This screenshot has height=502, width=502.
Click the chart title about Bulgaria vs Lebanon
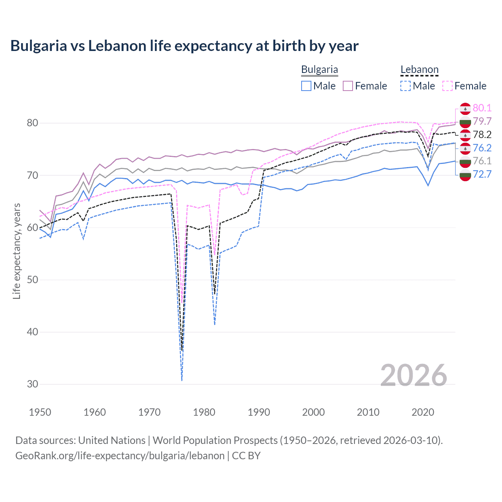pyautogui.click(x=184, y=46)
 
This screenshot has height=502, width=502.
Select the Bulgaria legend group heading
pyautogui.click(x=319, y=70)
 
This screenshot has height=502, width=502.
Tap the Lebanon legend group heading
pyautogui.click(x=419, y=70)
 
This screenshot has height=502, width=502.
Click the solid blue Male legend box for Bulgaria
pyautogui.click(x=306, y=86)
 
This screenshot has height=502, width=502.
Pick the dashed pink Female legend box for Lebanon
pyautogui.click(x=447, y=86)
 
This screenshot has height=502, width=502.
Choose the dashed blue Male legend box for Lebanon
pyautogui.click(x=406, y=86)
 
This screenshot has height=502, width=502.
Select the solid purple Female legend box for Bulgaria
pyautogui.click(x=348, y=86)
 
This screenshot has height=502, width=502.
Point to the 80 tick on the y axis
pyautogui.click(x=33, y=123)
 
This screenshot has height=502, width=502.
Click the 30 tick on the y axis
pyautogui.click(x=33, y=384)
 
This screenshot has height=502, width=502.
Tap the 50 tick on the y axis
pyautogui.click(x=33, y=280)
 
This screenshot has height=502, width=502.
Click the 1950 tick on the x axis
pyautogui.click(x=40, y=412)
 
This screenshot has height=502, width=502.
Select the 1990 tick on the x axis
pyautogui.click(x=259, y=412)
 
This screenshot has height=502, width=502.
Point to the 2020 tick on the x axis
pyautogui.click(x=423, y=412)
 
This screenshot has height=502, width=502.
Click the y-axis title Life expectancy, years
pyautogui.click(x=16, y=251)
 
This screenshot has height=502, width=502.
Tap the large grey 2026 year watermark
pyautogui.click(x=413, y=375)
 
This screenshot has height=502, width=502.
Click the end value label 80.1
pyautogui.click(x=482, y=108)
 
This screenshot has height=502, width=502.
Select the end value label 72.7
pyautogui.click(x=482, y=174)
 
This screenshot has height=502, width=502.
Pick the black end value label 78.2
pyautogui.click(x=482, y=135)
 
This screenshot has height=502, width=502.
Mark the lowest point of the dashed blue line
pyautogui.click(x=182, y=380)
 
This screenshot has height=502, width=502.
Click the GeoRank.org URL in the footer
pyautogui.click(x=120, y=456)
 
